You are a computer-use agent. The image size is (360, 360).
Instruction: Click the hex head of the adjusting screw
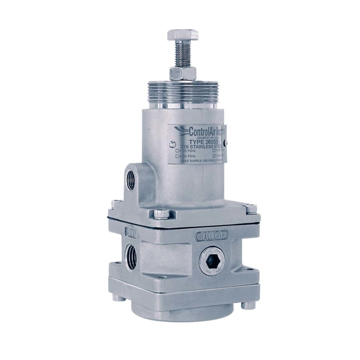[182, 35]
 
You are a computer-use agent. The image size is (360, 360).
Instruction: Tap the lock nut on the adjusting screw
[182, 73]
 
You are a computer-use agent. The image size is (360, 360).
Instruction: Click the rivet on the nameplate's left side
[171, 143]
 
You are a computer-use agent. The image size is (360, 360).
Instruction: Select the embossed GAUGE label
[212, 235]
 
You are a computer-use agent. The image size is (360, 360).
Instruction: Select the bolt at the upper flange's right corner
[251, 208]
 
